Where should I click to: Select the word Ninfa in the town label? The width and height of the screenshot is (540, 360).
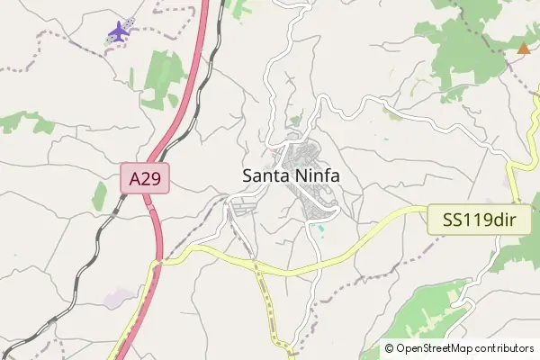315,176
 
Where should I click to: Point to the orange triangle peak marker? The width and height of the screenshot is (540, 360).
524,49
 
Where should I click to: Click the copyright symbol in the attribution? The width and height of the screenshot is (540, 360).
389,348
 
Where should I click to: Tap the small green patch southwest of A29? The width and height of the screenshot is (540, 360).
99,194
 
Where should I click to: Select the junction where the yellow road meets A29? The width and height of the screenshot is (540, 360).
158,262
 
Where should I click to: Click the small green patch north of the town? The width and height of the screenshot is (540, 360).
296,121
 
